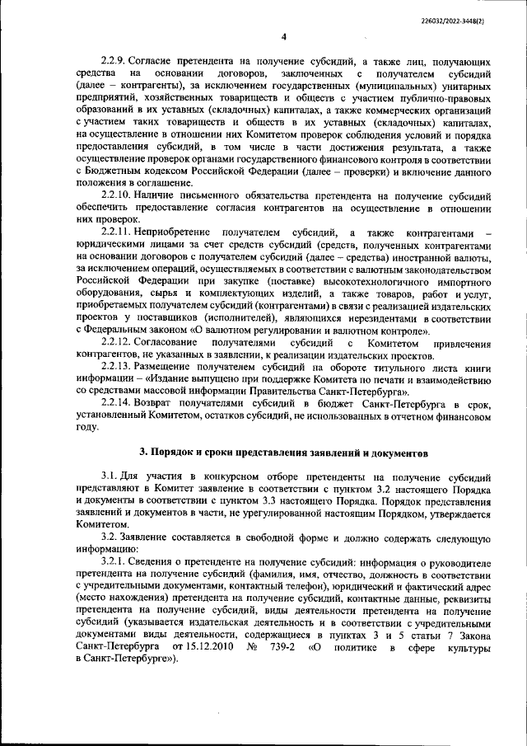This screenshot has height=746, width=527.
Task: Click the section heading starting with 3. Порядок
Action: (x=282, y=454)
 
